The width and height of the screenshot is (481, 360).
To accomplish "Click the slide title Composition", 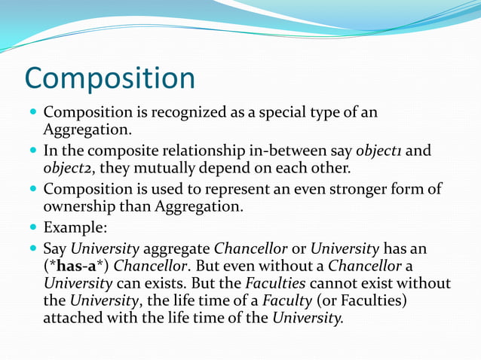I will tap(109, 79).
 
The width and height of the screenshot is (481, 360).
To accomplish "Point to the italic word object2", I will tap(66, 168).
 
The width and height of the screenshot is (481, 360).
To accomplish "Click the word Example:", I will tap(75, 227).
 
